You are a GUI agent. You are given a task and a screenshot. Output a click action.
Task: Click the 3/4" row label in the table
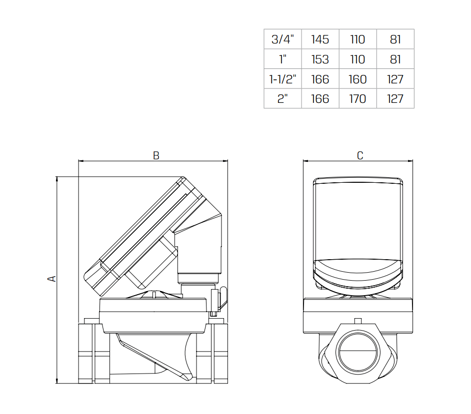[282, 39]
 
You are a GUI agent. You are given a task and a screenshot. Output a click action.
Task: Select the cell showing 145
[320, 39]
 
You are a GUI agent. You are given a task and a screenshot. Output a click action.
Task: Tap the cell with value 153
[320, 59]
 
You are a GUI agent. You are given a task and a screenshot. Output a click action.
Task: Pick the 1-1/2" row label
[282, 79]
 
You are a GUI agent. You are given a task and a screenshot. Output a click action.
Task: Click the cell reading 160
[357, 79]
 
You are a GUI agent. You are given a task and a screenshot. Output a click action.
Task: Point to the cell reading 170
[357, 99]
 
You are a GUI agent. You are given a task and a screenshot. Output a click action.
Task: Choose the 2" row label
[282, 99]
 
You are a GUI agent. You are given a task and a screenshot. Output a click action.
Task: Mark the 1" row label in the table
[282, 59]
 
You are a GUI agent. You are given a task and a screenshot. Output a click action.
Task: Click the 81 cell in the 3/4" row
[395, 39]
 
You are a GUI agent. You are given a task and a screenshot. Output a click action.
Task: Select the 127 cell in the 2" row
[395, 99]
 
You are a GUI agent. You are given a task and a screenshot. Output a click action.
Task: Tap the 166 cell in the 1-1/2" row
[320, 79]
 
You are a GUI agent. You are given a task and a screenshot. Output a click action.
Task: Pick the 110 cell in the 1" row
[357, 59]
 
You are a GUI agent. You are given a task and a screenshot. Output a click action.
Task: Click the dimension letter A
[51, 279]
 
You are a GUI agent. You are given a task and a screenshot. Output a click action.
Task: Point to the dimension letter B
[156, 156]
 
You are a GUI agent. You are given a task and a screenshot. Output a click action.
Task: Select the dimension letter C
[360, 156]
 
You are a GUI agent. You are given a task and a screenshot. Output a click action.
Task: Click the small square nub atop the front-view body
[357, 320]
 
